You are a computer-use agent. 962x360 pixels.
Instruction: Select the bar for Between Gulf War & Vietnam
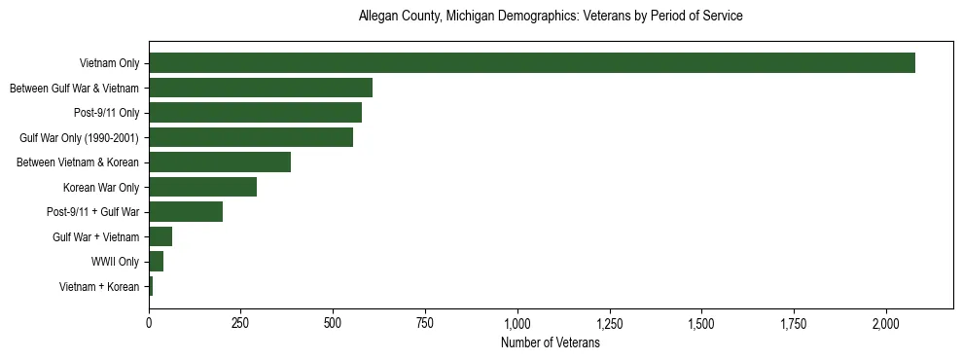(x=261, y=88)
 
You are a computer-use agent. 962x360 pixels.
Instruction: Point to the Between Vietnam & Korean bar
(x=220, y=162)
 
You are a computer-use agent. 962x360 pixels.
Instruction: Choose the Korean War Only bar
(x=202, y=187)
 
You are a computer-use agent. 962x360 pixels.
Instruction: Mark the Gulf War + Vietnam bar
(x=160, y=236)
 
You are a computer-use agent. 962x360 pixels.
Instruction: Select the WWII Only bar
(x=156, y=262)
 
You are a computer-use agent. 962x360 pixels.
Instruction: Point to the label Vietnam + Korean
(x=99, y=287)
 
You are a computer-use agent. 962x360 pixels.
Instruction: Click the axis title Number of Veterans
(x=550, y=343)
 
